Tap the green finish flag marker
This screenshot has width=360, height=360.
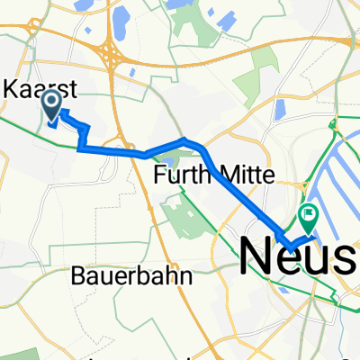tap(309, 214)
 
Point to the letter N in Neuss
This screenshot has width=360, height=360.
tap(259, 256)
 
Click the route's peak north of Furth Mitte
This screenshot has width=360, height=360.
tap(184, 139)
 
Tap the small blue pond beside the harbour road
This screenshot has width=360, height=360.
tap(280, 109)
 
